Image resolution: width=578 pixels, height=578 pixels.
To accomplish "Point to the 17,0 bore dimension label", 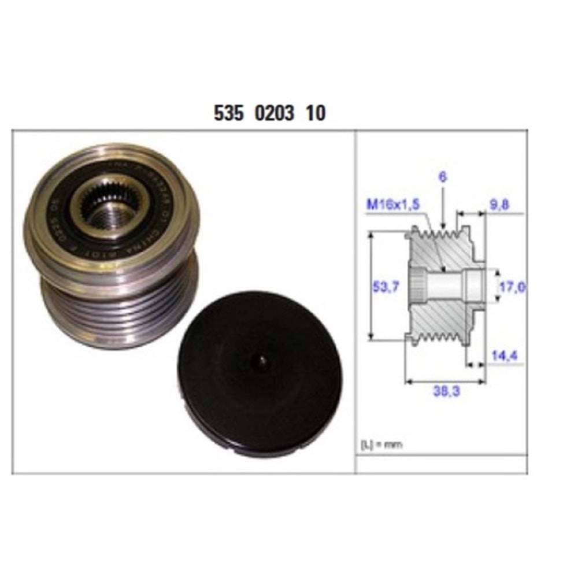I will [512, 286].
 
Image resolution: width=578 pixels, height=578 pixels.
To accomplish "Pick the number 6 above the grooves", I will [443, 179].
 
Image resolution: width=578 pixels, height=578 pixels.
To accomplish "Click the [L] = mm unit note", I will [381, 444].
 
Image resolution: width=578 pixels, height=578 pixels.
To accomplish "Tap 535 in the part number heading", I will [227, 113].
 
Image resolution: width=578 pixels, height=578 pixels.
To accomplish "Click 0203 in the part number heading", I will [272, 113].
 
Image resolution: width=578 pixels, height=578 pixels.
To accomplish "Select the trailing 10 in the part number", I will [316, 113].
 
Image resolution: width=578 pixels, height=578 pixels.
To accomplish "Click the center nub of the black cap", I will [261, 360].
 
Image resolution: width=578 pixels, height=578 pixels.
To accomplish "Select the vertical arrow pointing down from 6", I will [443, 208].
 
